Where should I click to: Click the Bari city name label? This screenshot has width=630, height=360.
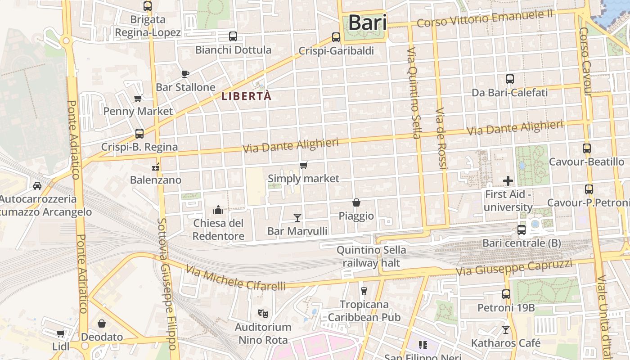[367, 22]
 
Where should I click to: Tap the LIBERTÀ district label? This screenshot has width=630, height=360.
[247, 96]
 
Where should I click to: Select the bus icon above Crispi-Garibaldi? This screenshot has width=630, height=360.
[336, 37]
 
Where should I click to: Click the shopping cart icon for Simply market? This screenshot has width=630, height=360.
[304, 166]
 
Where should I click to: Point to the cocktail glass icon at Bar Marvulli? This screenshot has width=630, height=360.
[297, 218]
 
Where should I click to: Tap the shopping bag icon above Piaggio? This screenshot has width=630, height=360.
[356, 202]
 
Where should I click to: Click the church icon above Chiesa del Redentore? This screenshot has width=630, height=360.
[218, 210]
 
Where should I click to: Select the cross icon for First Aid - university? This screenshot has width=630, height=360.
[508, 181]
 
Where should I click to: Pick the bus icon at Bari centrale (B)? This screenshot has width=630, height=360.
[522, 230]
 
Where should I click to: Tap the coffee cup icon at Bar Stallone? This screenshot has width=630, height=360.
[185, 74]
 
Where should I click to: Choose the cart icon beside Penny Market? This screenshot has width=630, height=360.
[138, 98]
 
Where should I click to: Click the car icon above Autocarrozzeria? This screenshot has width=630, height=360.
[37, 185]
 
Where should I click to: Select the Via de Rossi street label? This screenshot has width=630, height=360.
[441, 139]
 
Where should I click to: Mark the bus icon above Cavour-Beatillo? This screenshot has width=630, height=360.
[587, 148]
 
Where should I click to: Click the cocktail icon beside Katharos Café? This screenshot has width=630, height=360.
[506, 330]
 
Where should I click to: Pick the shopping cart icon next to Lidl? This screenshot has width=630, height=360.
[60, 333]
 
